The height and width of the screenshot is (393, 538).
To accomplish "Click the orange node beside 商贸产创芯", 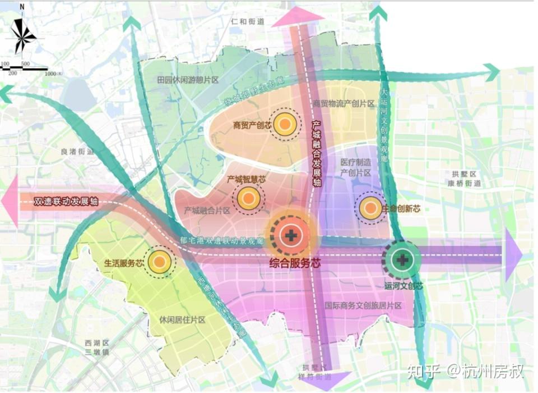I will tap(285, 125).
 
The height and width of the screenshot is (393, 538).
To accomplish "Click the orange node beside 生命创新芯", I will tap(370, 208).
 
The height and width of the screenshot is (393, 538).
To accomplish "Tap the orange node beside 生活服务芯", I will tap(159, 262).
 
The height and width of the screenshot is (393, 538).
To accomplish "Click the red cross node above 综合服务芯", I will tap(291, 235).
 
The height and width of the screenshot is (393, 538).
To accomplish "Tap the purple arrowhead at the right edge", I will tap(513, 255).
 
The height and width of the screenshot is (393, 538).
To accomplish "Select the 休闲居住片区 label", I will tap(183, 320).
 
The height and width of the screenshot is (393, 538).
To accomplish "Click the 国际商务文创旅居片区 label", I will tap(363, 306).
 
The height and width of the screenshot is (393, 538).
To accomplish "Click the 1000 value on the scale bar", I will tap(52, 74).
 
